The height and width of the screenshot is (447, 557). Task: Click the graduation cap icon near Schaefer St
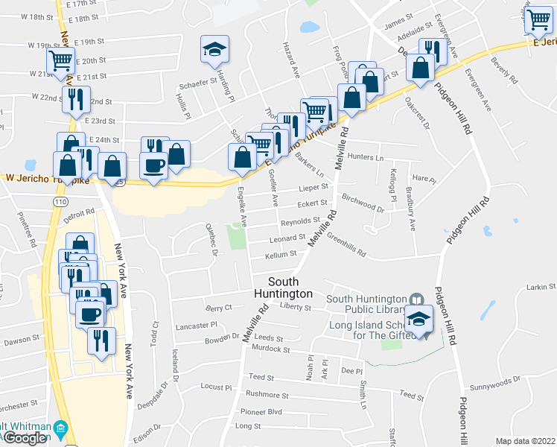[x=214, y=51]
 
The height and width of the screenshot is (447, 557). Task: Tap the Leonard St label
[x=288, y=238]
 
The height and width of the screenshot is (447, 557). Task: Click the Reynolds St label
[x=299, y=221]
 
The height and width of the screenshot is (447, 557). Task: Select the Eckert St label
[x=312, y=204]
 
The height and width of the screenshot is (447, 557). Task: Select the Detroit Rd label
[x=78, y=215]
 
